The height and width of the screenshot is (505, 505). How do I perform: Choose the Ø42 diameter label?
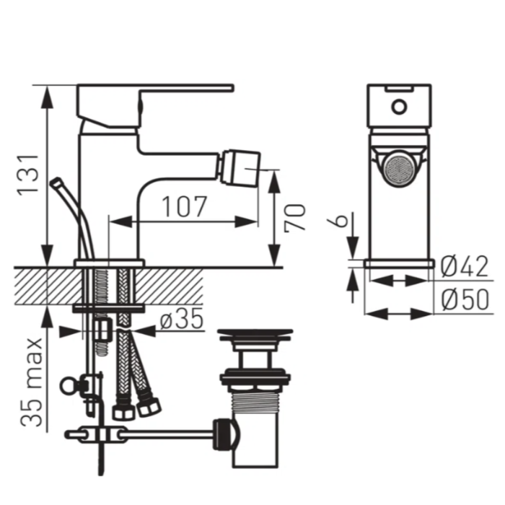coord(463,268)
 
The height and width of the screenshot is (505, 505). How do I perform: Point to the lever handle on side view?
coord(188,89)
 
